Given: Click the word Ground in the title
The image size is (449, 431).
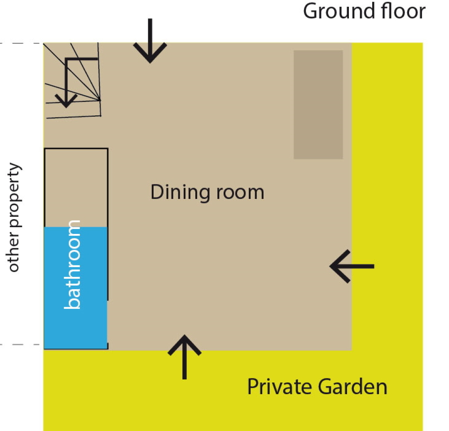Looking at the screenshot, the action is click(x=339, y=12).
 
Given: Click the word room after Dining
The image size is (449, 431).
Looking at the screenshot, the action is click(x=240, y=193).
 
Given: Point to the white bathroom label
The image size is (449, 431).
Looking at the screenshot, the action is click(x=72, y=264).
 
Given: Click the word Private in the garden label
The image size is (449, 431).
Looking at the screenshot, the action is click(x=279, y=387).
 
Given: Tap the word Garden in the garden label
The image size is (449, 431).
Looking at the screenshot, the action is click(x=353, y=387).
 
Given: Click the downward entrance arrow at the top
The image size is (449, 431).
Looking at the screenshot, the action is click(x=150, y=40).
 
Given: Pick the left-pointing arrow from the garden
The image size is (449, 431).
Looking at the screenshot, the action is click(x=352, y=266).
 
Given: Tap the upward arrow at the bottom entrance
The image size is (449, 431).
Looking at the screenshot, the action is click(x=185, y=357).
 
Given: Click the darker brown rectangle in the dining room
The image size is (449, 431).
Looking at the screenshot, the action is click(x=318, y=105).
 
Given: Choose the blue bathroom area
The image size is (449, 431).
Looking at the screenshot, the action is click(x=75, y=288).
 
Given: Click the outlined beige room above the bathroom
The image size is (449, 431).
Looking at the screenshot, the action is click(x=76, y=188).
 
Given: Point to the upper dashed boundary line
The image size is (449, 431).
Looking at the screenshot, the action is click(x=22, y=43).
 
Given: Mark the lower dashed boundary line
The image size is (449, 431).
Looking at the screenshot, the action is click(x=22, y=344).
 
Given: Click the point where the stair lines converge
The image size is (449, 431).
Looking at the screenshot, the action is click(x=100, y=100).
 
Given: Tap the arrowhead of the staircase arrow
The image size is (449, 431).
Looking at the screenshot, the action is click(x=66, y=101).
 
